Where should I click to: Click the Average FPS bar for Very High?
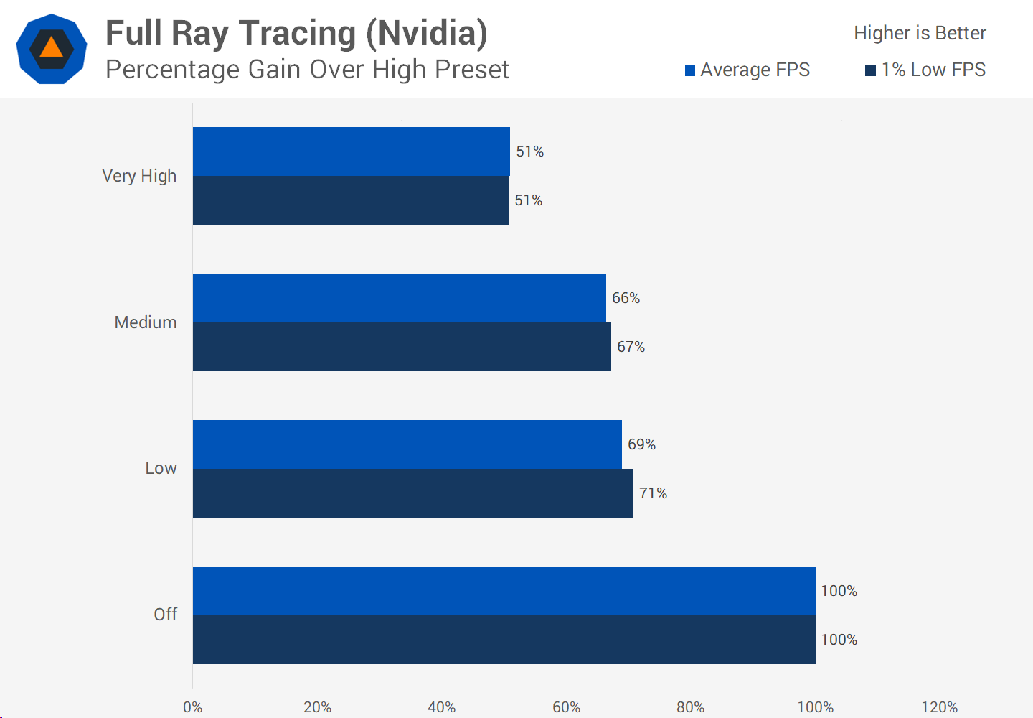352,151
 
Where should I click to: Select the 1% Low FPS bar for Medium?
402,347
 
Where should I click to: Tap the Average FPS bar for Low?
407,444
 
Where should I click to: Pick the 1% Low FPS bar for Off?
504,640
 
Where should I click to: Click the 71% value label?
653,493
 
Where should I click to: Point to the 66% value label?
626,298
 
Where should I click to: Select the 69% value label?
641,444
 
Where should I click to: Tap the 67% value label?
631,347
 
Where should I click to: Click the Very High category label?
139,176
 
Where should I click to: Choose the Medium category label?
146,322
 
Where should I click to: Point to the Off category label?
165,615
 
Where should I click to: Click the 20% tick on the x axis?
317,707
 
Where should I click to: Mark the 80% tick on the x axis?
691,707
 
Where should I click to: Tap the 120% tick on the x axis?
940,707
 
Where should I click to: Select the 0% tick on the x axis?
192,707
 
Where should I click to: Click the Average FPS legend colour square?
690,70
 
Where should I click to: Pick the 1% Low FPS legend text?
933,70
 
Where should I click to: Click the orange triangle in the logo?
52,48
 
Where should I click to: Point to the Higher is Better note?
920,33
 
